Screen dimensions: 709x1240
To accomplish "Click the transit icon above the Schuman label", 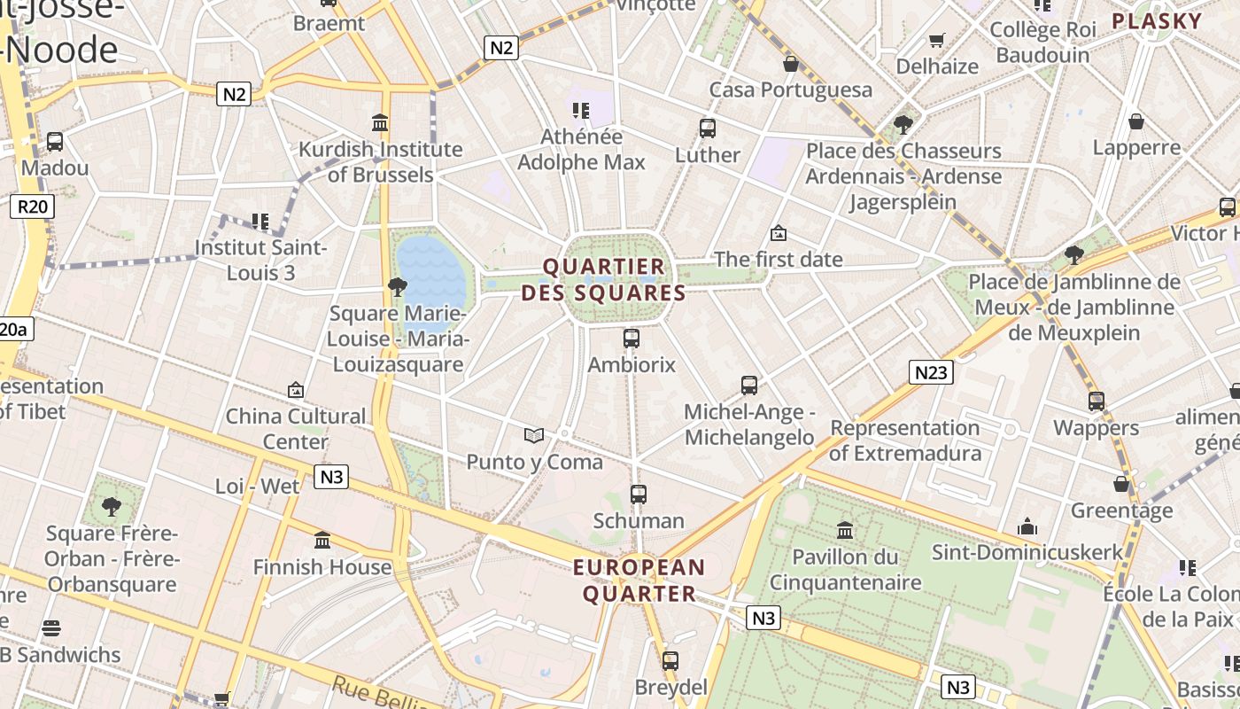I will pos(639,495).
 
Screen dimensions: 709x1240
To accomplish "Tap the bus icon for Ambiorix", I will pos(632,339).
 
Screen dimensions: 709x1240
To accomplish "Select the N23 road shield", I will pos(931,372).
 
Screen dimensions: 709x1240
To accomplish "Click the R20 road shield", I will pos(33,206).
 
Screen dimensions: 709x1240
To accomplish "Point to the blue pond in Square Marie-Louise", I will pos(431,269).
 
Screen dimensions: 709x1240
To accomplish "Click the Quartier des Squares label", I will pos(603,279).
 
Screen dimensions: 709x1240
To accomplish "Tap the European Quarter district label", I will pos(639,580).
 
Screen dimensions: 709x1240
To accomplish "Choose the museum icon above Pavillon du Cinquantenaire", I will pos(845,531).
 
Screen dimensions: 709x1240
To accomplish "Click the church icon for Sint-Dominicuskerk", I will pos(1027,526).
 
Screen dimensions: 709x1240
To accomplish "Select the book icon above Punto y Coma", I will pos(533,435).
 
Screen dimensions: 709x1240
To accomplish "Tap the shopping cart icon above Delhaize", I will pos(936,40).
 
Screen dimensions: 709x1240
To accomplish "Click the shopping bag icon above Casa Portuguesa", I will pos(791,64).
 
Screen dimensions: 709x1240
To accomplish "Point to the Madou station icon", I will pos(55,142).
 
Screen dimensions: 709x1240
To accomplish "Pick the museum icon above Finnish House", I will pos(322,541).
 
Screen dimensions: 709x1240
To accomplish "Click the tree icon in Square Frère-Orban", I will pos(112,507).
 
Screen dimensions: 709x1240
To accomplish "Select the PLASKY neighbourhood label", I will pos(1157,21).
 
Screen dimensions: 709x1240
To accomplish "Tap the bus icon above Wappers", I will pos(1097,401).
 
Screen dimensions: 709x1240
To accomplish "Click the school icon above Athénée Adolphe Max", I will pos(581,111).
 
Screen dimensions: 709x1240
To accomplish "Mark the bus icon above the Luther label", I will pos(708,129).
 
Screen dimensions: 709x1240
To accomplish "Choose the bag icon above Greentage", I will pos(1121,484).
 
